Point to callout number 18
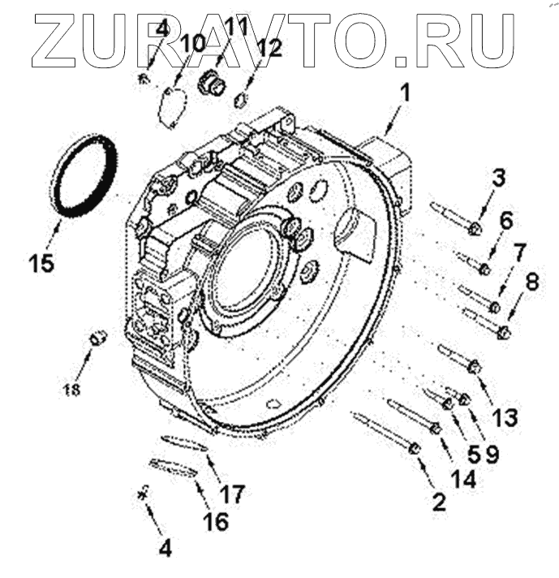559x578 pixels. click(71, 387)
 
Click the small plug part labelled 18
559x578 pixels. click(98, 337)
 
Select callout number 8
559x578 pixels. click(531, 282)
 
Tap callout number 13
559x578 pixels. click(504, 417)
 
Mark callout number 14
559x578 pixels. click(463, 478)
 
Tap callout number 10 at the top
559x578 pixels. click(194, 42)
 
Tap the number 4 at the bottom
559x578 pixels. click(165, 550)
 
